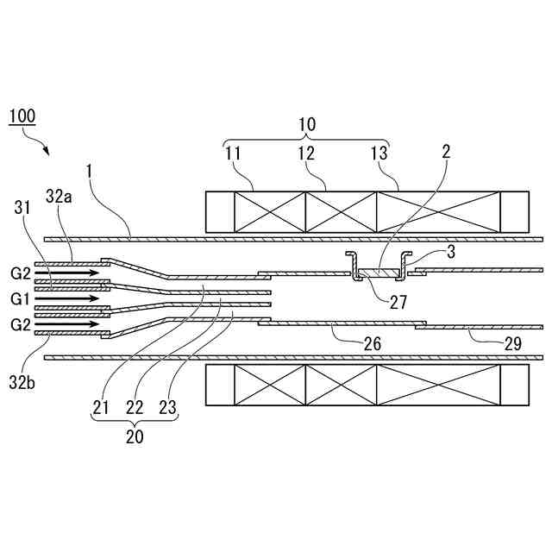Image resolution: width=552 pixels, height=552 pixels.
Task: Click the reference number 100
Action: click(23, 116)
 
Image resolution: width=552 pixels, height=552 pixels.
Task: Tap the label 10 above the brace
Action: click(307, 123)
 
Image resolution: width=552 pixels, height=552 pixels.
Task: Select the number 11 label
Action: click(235, 154)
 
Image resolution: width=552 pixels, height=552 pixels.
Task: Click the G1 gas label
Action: click(21, 298)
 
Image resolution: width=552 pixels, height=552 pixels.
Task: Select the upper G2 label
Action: click(21, 273)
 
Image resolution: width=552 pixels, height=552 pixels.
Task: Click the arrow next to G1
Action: click(68, 298)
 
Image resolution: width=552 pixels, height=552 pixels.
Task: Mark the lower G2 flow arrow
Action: click(68, 325)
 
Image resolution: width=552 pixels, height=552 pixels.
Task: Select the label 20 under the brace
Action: click(135, 436)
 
